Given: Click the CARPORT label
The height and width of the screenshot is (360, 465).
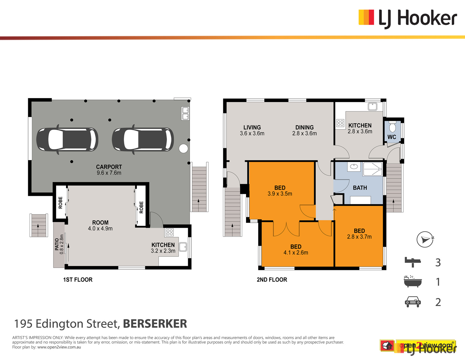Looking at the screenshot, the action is pyautogui.click(x=109, y=167).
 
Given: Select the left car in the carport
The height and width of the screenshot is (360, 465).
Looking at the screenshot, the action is pyautogui.click(x=67, y=139).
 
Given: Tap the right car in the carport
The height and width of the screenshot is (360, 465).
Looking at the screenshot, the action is pyautogui.click(x=143, y=139).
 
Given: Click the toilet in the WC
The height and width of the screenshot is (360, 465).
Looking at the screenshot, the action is pyautogui.click(x=392, y=127).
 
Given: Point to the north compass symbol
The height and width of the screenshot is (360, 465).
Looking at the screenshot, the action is pyautogui.click(x=425, y=239).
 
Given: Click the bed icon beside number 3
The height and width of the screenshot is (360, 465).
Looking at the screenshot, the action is pyautogui.click(x=413, y=262).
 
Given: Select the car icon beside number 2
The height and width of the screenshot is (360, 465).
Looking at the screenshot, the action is pyautogui.click(x=413, y=302).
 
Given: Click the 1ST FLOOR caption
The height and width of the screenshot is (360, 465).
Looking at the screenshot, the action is pyautogui.click(x=78, y=280).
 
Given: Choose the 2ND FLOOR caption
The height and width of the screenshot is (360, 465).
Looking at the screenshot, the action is pyautogui.click(x=272, y=280).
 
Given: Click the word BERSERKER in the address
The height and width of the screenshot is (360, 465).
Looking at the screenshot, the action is pyautogui.click(x=155, y=324).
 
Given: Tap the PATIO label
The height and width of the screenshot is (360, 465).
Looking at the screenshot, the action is pyautogui.click(x=57, y=244).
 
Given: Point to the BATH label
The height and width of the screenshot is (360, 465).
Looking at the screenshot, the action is pyautogui.click(x=360, y=188).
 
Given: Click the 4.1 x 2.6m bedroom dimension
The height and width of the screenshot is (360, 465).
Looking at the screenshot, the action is pyautogui.click(x=296, y=253).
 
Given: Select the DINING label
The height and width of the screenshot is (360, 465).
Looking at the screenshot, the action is pyautogui.click(x=304, y=127).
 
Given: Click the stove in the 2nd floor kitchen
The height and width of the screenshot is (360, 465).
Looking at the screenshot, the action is pyautogui.click(x=340, y=123).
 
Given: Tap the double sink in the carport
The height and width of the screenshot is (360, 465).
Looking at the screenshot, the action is pyautogui.click(x=185, y=113).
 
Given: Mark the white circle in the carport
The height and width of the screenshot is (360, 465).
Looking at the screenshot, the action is pyautogui.click(x=183, y=148).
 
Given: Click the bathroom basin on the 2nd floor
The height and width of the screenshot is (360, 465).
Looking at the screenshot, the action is pyautogui.click(x=353, y=166).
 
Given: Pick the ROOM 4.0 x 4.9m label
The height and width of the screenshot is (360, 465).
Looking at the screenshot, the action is pyautogui.click(x=100, y=226).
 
